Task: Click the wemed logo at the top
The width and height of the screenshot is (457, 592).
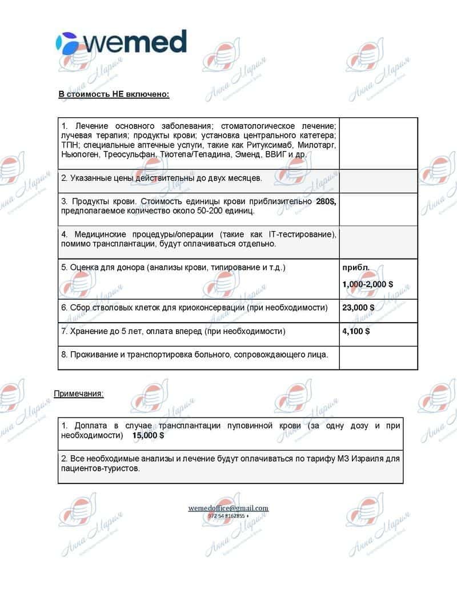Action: coord(121,42)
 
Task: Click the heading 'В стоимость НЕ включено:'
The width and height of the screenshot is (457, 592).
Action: coord(114,94)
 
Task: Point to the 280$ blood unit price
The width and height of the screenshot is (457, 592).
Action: coord(326,201)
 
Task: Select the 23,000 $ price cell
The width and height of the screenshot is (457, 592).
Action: coord(358,308)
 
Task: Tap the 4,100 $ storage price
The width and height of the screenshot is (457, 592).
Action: coord(356,331)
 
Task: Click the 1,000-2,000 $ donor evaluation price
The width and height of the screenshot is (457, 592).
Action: coord(367,284)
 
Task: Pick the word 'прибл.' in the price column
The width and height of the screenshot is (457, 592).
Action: coord(355,267)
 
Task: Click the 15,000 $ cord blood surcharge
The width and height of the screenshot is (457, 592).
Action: coord(148,435)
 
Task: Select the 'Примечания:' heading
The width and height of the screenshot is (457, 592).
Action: coord(79,394)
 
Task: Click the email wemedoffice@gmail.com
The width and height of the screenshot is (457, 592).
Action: coord(228,508)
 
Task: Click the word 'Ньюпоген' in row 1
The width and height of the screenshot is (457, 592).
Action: coord(80,154)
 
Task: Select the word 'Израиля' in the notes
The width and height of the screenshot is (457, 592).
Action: coord(371,458)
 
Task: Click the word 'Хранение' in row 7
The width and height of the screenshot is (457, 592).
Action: coord(87,331)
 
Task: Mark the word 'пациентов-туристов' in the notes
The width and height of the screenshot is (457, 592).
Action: coord(100,468)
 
